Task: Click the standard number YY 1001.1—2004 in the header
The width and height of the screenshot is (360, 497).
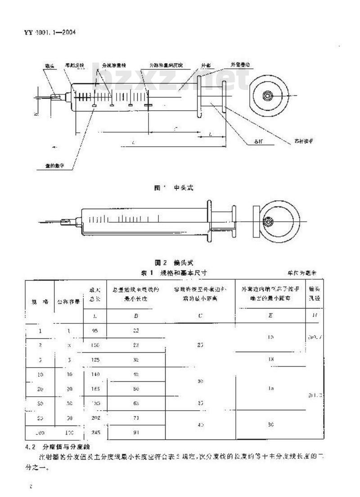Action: pos(49,32)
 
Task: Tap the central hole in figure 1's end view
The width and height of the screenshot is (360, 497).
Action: pos(268,96)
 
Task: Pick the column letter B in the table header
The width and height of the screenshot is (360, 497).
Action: pos(136,316)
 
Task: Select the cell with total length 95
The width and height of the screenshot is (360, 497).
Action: pos(95,331)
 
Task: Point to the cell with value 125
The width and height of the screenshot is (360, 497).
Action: pos(95,360)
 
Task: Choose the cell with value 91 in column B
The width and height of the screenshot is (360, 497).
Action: pos(136,432)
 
